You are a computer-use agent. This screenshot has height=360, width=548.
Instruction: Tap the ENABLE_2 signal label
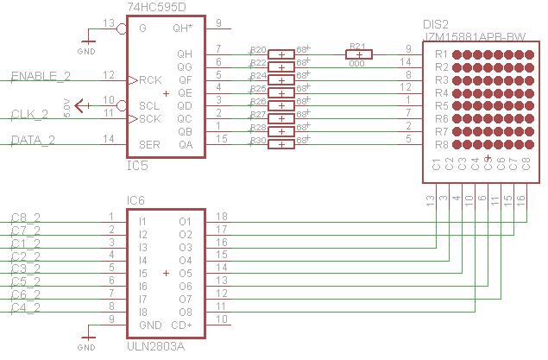(x=39, y=77)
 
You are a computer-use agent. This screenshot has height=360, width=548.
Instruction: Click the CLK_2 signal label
(x=35, y=114)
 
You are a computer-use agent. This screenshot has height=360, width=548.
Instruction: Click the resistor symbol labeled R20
(x=281, y=54)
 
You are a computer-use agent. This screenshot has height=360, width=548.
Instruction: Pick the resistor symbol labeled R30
(x=281, y=143)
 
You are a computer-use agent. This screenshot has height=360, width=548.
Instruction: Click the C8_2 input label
(x=26, y=218)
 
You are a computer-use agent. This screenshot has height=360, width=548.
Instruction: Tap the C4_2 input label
(x=26, y=307)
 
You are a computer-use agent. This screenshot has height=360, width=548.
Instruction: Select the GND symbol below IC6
(x=86, y=341)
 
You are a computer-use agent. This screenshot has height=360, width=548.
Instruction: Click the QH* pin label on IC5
(x=182, y=28)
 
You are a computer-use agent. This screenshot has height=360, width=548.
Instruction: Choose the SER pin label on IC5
(x=149, y=143)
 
